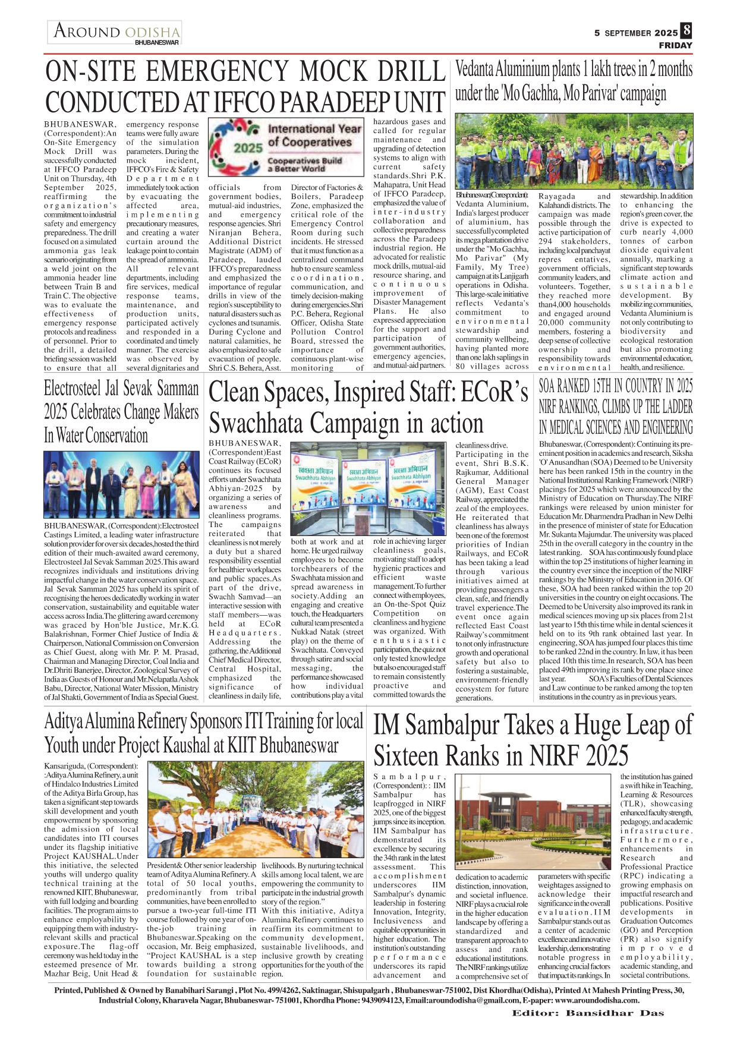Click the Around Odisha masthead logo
(x=115, y=32)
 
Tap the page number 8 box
(x=686, y=30)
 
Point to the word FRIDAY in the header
(x=675, y=45)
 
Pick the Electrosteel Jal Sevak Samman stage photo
(x=121, y=486)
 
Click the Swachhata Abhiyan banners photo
(x=368, y=489)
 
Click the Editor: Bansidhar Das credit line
(x=588, y=1013)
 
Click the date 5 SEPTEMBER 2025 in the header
(x=635, y=33)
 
